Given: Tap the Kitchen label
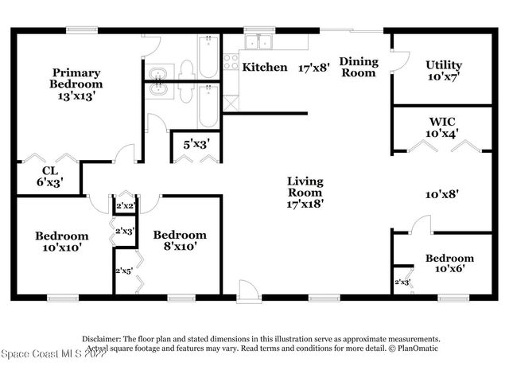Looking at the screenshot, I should coord(265,68).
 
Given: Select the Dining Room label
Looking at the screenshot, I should coord(358,67).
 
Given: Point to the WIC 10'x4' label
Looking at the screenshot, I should coord(442,127).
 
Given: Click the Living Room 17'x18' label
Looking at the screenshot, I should coord(305,192).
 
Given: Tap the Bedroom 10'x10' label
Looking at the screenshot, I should coord(61,241).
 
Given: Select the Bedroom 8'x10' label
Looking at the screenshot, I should coord(180,240).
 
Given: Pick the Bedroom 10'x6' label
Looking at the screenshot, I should coord(449,263).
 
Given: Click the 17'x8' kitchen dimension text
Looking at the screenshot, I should coord(314,68).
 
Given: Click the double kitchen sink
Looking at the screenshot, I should coord(259,41).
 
